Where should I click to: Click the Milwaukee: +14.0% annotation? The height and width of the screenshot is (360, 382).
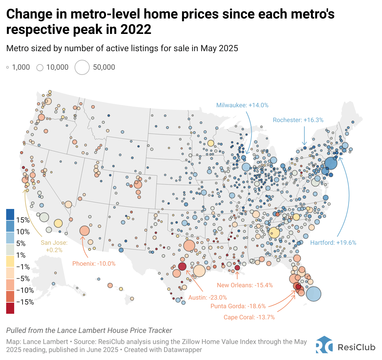pyautogui.click(x=242, y=105)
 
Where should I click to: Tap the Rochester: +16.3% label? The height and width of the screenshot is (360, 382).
pyautogui.click(x=298, y=120)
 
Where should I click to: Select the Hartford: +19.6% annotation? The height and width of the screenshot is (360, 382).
pyautogui.click(x=333, y=243)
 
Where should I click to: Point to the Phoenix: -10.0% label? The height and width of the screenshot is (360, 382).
pyautogui.click(x=94, y=264)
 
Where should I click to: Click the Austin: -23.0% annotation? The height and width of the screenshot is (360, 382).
pyautogui.click(x=207, y=298)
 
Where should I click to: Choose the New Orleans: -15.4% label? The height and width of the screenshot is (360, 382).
pyautogui.click(x=245, y=285)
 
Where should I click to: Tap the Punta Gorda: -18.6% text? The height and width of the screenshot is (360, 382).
pyautogui.click(x=238, y=306)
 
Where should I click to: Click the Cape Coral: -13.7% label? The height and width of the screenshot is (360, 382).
pyautogui.click(x=249, y=317)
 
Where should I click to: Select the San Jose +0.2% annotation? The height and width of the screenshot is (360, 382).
pyautogui.click(x=54, y=246)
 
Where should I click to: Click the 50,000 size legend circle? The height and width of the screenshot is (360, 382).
pyautogui.click(x=82, y=67)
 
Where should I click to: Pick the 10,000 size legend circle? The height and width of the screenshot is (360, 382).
pyautogui.click(x=40, y=67)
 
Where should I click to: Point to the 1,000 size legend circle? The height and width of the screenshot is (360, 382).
pyautogui.click(x=8, y=67)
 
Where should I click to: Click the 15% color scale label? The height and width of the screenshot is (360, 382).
pyautogui.click(x=23, y=220)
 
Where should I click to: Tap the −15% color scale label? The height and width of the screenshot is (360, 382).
pyautogui.click(x=25, y=302)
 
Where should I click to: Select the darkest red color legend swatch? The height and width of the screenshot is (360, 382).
pyautogui.click(x=10, y=308)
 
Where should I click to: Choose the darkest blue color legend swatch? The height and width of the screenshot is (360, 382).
pyautogui.click(x=10, y=215)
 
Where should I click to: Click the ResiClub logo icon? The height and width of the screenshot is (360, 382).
pyautogui.click(x=324, y=345)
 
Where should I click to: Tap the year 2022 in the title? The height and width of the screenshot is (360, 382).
pyautogui.click(x=136, y=30)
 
